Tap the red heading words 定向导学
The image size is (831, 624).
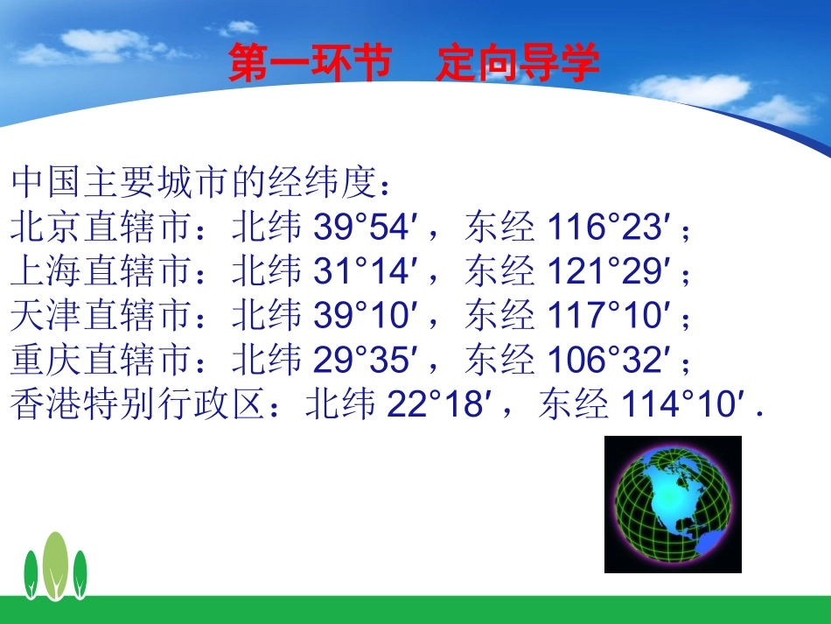pos(518,65)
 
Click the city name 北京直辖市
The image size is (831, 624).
pos(101,228)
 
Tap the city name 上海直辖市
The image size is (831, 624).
pos(101,272)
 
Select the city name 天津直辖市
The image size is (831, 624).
pos(101,316)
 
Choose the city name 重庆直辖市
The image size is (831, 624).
pos(101,360)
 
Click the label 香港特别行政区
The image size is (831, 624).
pos(137,404)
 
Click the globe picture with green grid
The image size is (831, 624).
pos(673,505)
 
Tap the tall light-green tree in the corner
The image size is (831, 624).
pos(56,564)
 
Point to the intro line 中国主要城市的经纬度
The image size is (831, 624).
pos(197,185)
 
